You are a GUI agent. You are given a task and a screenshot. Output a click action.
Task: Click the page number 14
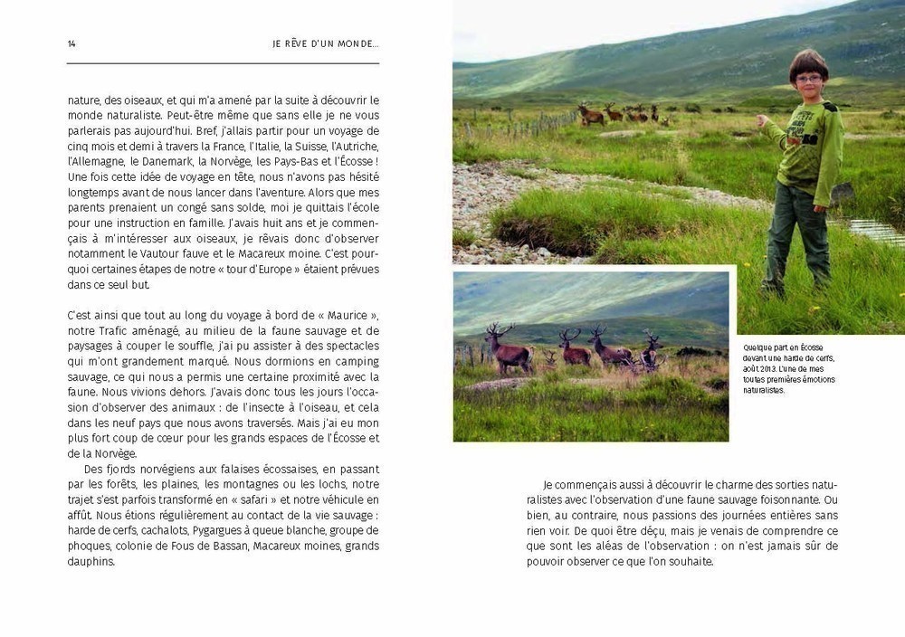click(x=71, y=44)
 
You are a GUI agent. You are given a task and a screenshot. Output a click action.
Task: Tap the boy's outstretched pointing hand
click(x=763, y=120)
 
